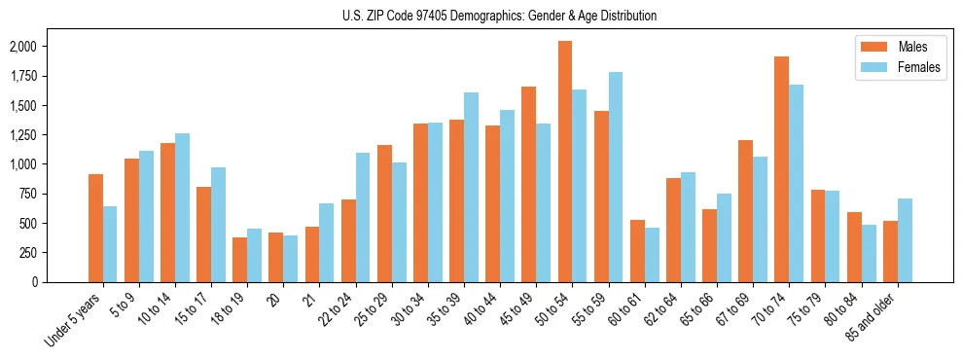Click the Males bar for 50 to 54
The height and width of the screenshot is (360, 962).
pos(565,162)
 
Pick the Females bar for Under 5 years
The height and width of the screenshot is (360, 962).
pos(110,244)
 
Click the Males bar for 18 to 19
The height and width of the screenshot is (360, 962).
pos(239,260)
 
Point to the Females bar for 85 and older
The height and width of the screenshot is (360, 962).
pos(905,240)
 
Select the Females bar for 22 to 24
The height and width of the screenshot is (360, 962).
pos(363,217)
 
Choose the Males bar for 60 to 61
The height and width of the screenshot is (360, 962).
pos(637,251)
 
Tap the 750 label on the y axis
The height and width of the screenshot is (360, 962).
pos(28,194)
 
